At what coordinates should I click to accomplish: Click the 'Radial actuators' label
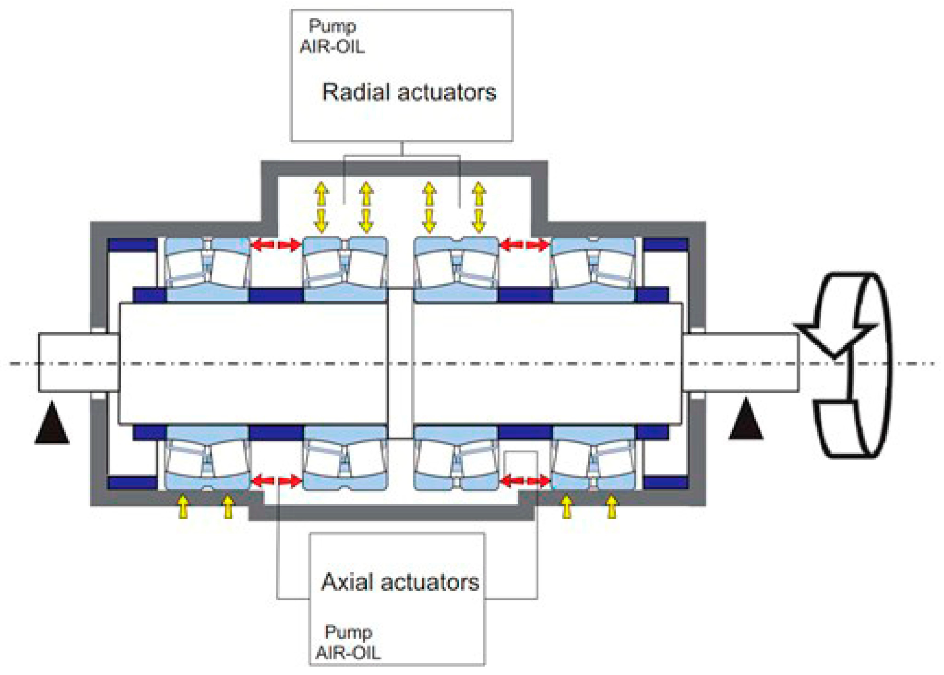(x=409, y=92)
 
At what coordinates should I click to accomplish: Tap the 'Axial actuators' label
(x=400, y=582)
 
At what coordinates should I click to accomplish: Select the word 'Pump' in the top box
(x=332, y=26)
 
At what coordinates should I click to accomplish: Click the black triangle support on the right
(x=746, y=420)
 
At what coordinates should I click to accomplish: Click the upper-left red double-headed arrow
(x=276, y=245)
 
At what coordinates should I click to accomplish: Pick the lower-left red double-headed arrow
(x=276, y=481)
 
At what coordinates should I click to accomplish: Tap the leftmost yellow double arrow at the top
(x=321, y=207)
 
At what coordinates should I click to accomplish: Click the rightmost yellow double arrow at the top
(x=478, y=207)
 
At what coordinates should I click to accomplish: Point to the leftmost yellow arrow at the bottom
(x=183, y=507)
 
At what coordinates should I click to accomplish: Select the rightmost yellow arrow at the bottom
(x=611, y=507)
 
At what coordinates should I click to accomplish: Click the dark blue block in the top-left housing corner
(x=132, y=245)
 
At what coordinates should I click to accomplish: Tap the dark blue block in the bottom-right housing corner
(x=665, y=482)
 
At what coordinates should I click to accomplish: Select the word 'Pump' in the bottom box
(x=348, y=632)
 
